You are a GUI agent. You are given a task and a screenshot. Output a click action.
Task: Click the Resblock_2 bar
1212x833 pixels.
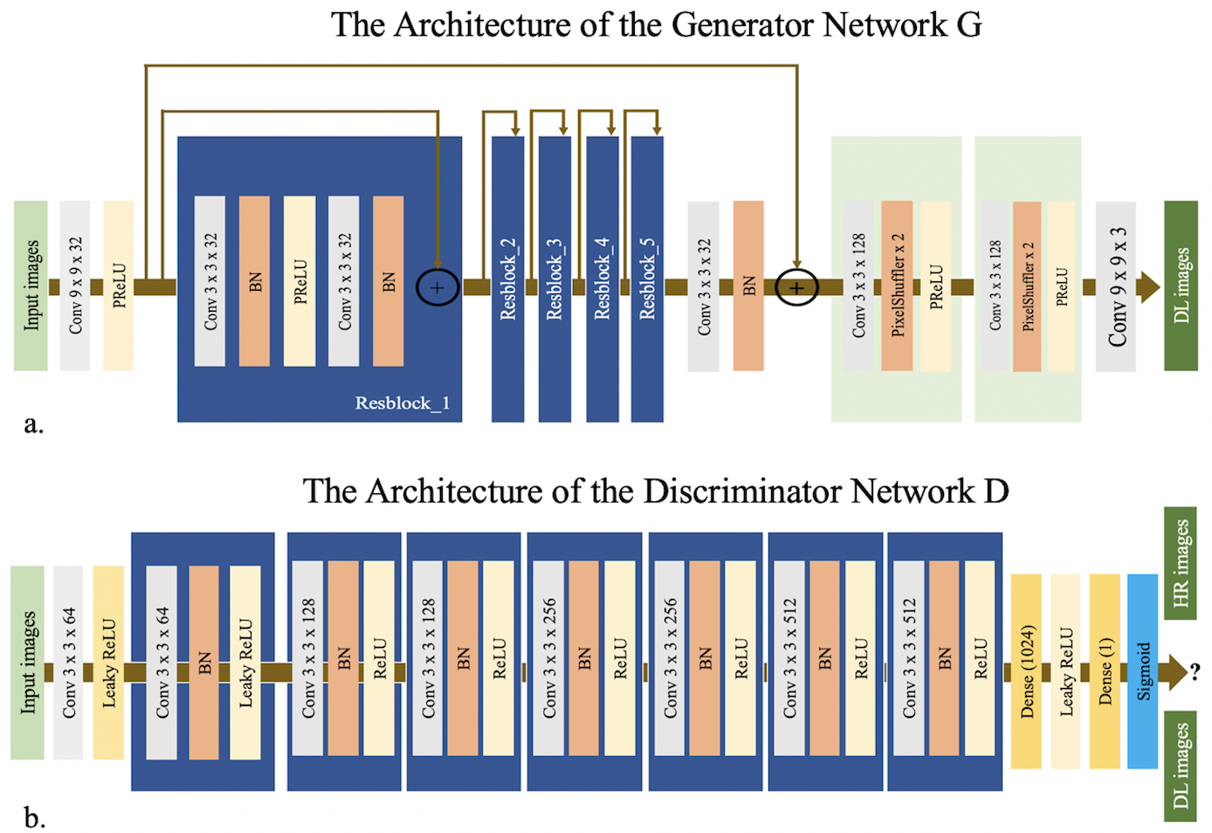507,279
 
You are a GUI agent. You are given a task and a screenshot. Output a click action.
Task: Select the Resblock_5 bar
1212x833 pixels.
647,279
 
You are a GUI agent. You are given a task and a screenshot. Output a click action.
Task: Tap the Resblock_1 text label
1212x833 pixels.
402,403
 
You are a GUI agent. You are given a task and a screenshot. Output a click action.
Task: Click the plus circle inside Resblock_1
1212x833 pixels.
437,287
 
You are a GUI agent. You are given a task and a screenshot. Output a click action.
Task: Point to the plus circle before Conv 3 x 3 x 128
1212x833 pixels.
796,287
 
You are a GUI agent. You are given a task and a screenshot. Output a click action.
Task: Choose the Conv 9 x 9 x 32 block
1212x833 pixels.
75,286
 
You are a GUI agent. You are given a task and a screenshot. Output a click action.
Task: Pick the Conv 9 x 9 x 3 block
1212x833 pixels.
1116,286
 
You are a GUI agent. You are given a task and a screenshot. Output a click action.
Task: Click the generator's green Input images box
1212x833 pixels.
31,286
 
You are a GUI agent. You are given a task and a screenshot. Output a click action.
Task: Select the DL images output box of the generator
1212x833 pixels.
1181,286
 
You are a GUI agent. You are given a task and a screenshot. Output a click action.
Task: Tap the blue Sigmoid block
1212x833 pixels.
1142,671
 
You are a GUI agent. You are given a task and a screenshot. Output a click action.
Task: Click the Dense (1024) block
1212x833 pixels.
1026,671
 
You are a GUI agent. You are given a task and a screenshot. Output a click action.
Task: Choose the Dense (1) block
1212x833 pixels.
1105,671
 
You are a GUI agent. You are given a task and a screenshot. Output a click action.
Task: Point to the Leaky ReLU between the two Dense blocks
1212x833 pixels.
1065,671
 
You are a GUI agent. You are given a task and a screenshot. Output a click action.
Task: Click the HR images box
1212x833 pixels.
1181,563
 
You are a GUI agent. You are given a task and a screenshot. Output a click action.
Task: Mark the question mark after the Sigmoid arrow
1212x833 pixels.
1195,671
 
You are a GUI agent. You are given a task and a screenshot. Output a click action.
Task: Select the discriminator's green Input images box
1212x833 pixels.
27,663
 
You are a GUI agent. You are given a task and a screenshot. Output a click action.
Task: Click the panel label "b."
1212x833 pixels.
34,818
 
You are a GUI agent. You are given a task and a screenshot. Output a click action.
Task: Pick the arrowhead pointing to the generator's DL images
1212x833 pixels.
1149,286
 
